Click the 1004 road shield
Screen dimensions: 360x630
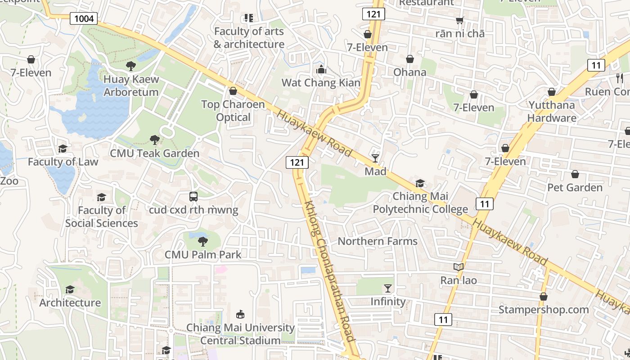tap(83, 18)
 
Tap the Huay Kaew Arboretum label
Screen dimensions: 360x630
tap(131, 85)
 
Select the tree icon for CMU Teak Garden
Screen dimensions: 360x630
tap(154, 140)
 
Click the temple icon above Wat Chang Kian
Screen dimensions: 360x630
tap(321, 69)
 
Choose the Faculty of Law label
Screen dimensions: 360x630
tap(63, 162)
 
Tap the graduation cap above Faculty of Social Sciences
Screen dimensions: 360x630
tap(101, 197)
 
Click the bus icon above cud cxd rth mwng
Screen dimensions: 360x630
tap(193, 197)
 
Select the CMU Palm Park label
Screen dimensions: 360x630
tap(203, 254)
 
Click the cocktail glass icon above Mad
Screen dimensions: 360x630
tap(375, 158)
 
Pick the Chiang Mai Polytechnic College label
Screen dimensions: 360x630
tap(420, 202)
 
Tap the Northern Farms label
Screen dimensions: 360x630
tap(378, 241)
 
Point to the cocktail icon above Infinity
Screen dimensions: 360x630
tap(387, 288)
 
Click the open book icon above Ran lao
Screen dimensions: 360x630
tap(458, 267)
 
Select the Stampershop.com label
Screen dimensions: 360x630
tap(543, 310)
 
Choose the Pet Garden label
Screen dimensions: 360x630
tap(575, 187)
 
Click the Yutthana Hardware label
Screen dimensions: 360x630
tap(552, 112)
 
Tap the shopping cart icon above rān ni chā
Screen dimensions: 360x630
tap(459, 20)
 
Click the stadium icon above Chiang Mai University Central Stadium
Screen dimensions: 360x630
tap(240, 314)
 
